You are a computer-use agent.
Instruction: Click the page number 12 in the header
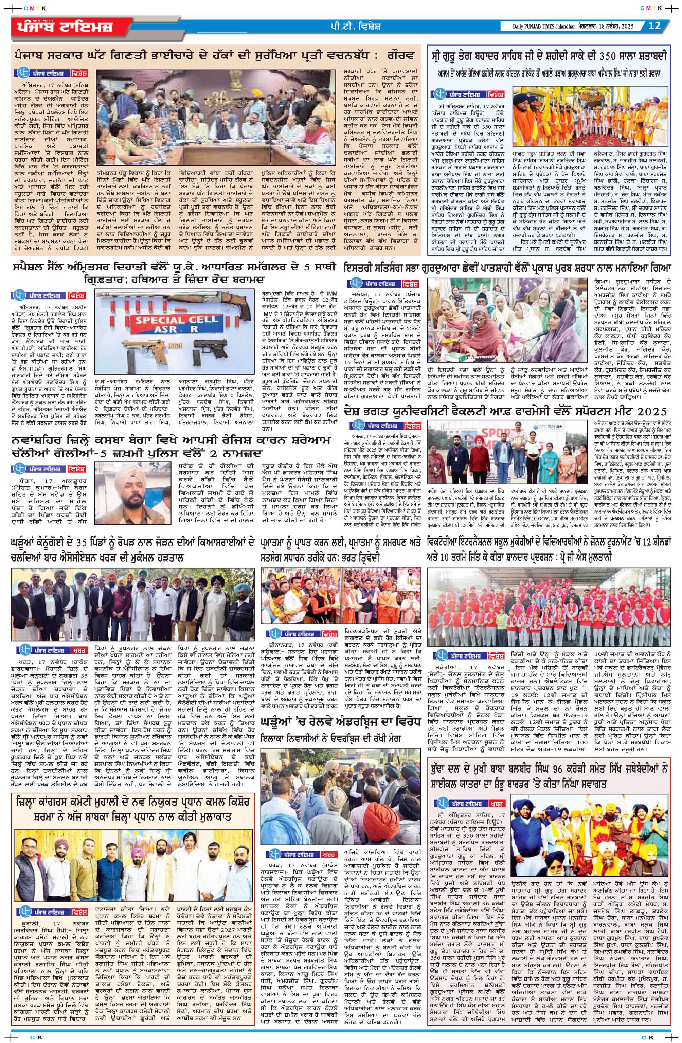tap(654, 25)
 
